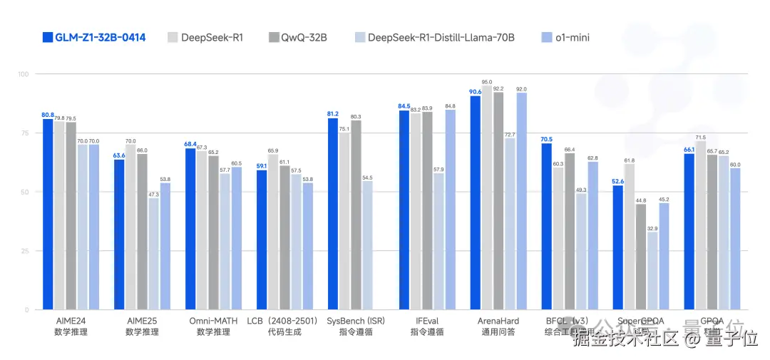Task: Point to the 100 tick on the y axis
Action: click(23, 74)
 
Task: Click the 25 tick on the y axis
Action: click(24, 251)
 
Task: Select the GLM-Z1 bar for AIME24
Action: click(48, 214)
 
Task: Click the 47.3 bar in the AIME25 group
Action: click(153, 254)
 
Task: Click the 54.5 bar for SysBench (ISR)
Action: click(367, 245)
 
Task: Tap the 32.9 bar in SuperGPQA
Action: click(652, 271)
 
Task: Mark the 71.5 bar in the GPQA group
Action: click(701, 225)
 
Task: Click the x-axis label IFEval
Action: click(427, 322)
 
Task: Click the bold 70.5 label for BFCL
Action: click(546, 139)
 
